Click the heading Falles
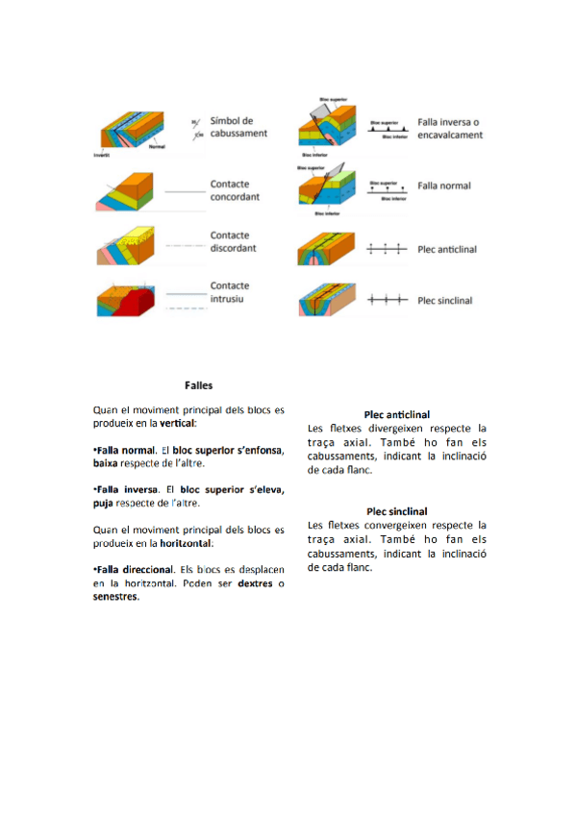coord(199,384)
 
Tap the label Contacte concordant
coord(235,190)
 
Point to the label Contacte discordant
coord(235,241)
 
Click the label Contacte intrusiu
coord(230,292)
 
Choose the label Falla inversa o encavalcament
coord(450,129)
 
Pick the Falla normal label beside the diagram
coord(444,185)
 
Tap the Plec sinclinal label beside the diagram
coord(445,301)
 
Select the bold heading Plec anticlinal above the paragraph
coord(397,414)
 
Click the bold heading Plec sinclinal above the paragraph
coord(397,511)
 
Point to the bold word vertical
coord(178,423)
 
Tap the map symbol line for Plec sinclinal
coord(388,301)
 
